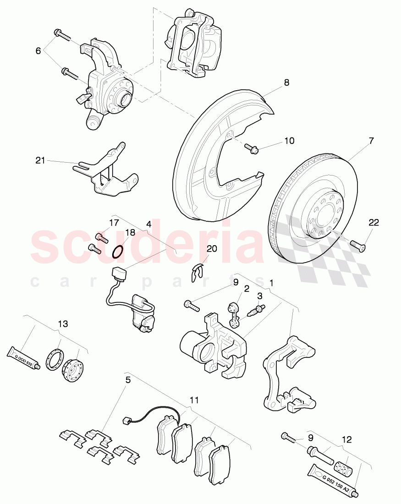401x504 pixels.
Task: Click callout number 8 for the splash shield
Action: pos(286,83)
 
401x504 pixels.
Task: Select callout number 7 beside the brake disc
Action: pos(371,141)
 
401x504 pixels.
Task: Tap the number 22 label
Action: pos(374,222)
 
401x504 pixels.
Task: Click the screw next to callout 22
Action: pos(357,246)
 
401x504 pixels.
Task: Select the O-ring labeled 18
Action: pos(118,252)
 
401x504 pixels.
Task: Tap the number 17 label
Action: pos(114,223)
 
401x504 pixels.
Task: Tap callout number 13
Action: pos(63,324)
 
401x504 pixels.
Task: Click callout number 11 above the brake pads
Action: pos(195,400)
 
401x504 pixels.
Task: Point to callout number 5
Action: pos(128,380)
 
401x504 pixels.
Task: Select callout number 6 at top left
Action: pos(38,51)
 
